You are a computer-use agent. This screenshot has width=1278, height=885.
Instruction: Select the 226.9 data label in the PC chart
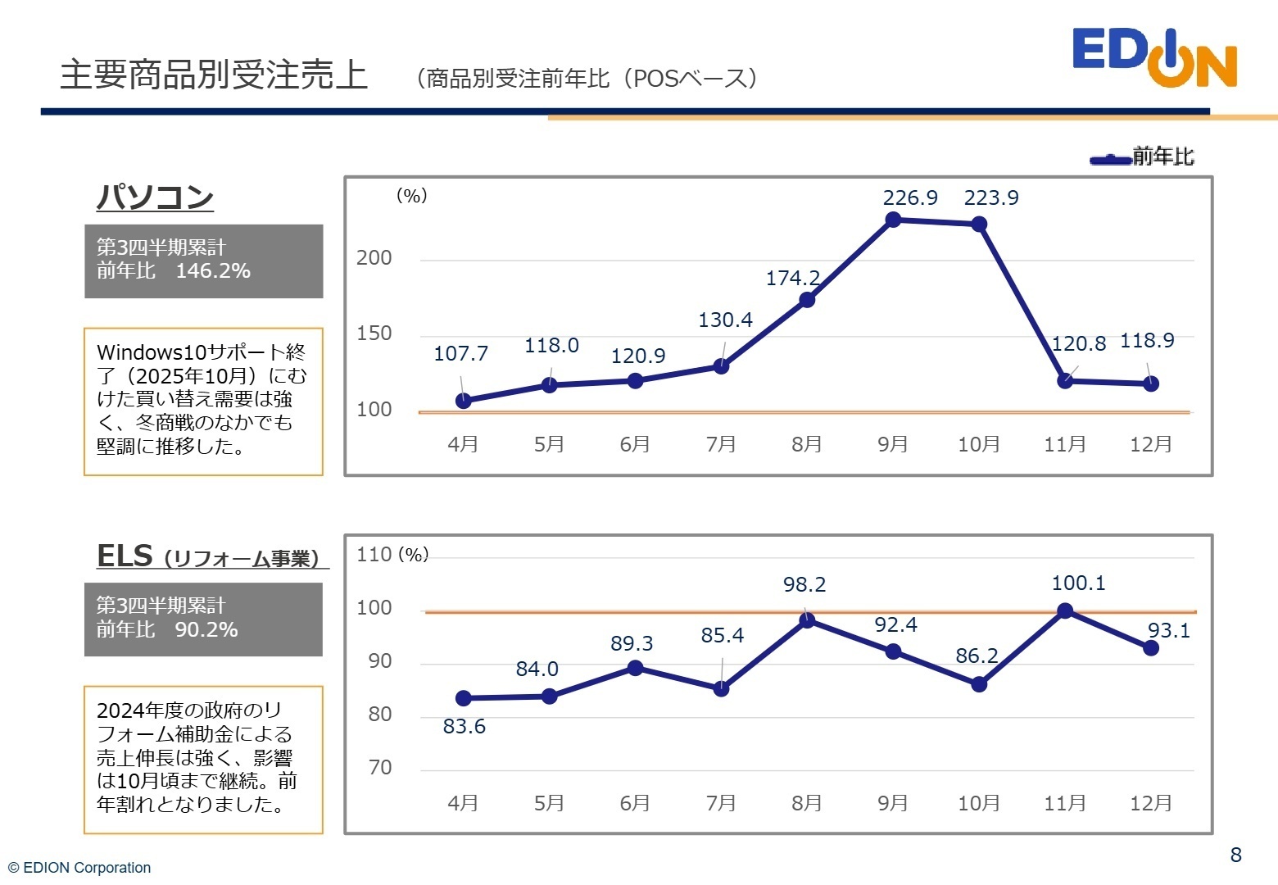[x=909, y=198]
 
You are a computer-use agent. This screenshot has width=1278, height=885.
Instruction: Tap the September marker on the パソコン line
[x=893, y=220]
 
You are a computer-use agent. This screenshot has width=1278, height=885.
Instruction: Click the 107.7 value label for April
[x=460, y=354]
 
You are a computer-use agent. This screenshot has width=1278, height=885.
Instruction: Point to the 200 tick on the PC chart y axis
[x=374, y=258]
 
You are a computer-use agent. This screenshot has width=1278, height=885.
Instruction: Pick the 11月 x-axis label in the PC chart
[x=1064, y=444]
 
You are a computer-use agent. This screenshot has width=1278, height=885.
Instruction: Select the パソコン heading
[x=155, y=197]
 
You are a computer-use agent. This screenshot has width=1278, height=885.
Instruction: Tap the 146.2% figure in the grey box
[x=213, y=271]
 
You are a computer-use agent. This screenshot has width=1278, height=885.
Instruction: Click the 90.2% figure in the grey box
[x=206, y=630]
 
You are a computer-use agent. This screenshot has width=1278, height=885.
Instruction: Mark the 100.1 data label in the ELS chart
[x=1078, y=583]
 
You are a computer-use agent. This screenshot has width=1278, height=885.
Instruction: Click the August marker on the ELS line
[x=807, y=619]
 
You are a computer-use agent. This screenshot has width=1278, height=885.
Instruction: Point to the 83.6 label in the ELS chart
[x=464, y=727]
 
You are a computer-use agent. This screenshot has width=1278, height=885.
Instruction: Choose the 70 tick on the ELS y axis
[x=380, y=768]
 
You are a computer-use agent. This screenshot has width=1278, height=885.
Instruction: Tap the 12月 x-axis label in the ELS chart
[x=1150, y=803]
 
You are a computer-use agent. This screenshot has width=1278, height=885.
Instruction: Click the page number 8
[x=1235, y=855]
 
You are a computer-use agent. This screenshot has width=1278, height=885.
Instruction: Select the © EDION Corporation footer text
[x=79, y=868]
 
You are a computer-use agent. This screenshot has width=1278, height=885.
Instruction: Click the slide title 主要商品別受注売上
[x=214, y=75]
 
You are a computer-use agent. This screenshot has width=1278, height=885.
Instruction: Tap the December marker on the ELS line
[x=1150, y=648]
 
